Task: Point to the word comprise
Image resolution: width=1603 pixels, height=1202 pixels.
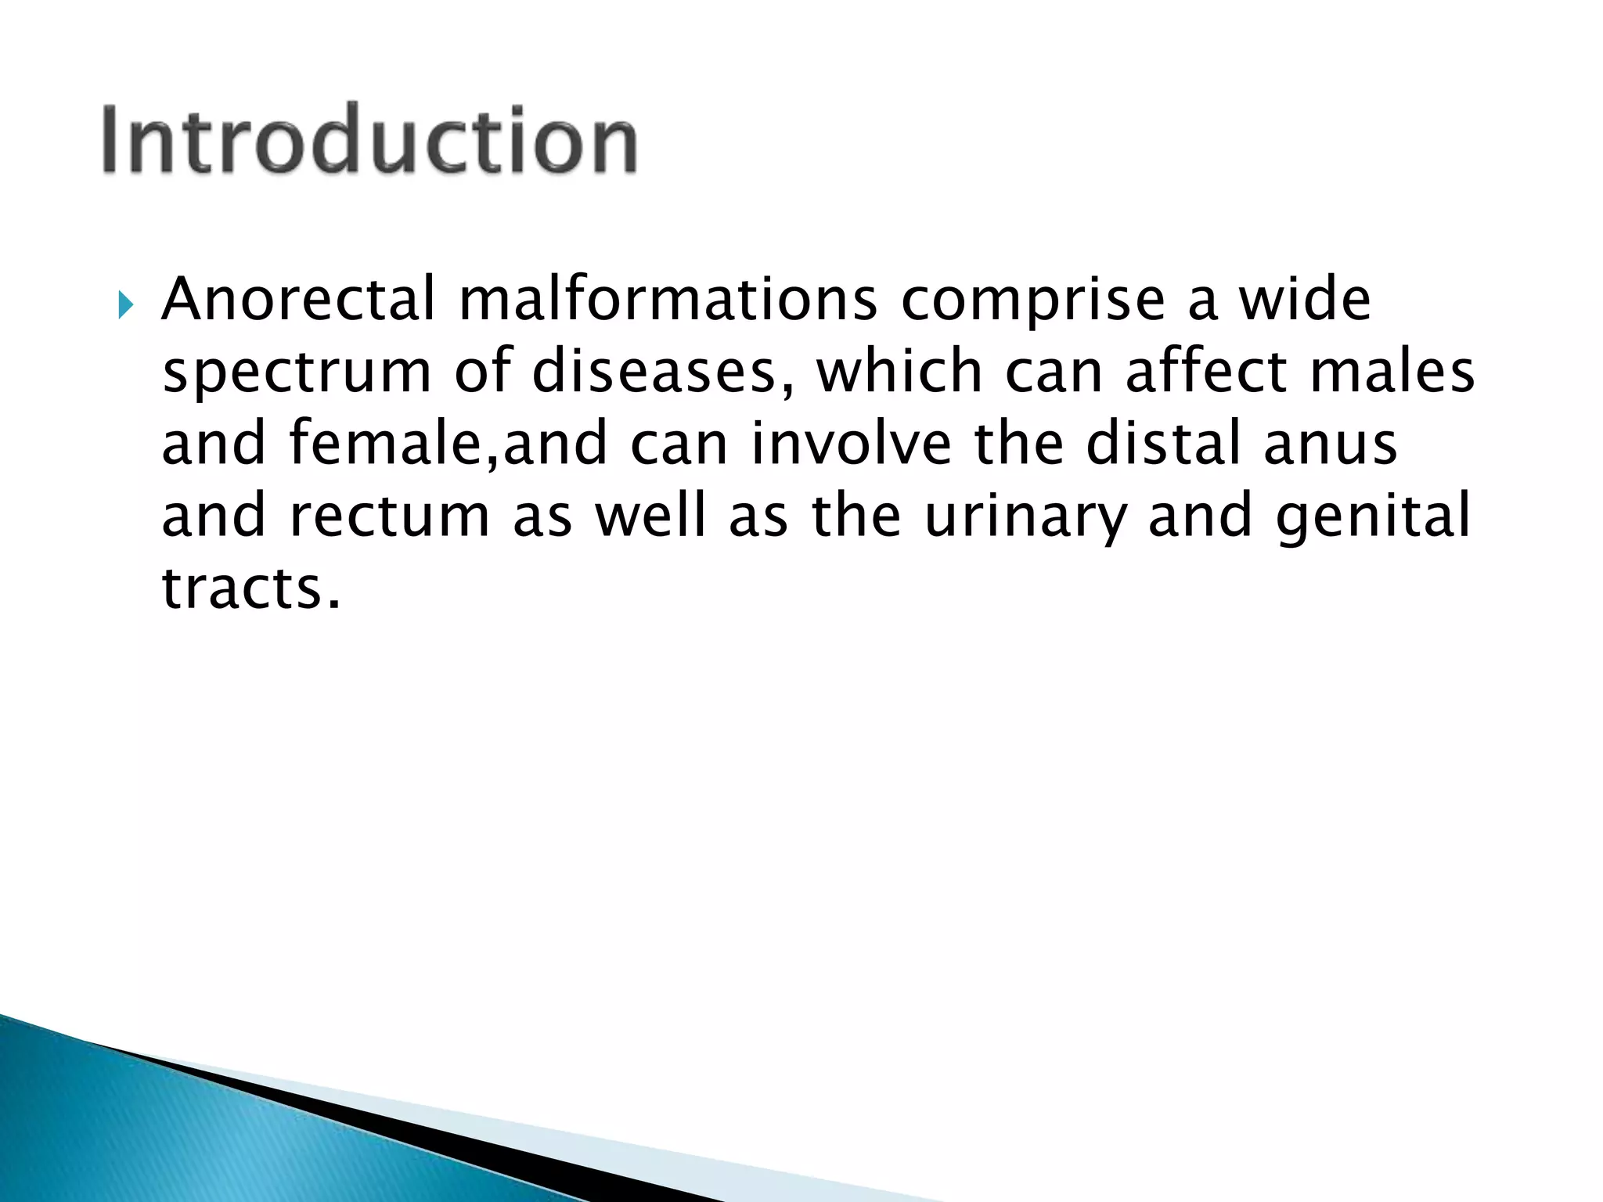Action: coord(1033,302)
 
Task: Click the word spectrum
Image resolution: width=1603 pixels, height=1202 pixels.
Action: coord(297,374)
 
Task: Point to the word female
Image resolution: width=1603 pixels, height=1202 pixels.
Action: coord(391,443)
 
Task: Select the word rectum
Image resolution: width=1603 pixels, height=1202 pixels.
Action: coord(389,516)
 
